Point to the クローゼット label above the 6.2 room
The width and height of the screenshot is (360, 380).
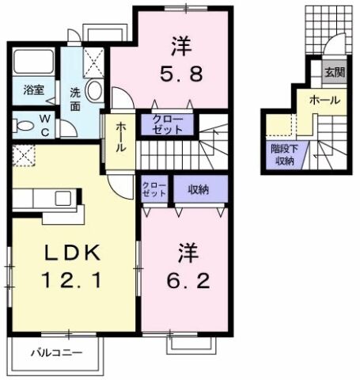coord(155,189)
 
